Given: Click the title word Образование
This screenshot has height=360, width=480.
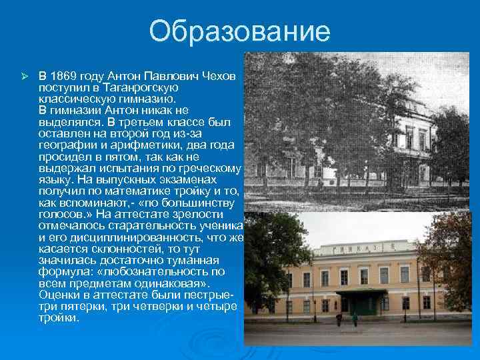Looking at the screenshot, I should pyautogui.click(x=240, y=31).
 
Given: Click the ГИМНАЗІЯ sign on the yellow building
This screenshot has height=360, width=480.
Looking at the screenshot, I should pyautogui.click(x=363, y=248).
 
